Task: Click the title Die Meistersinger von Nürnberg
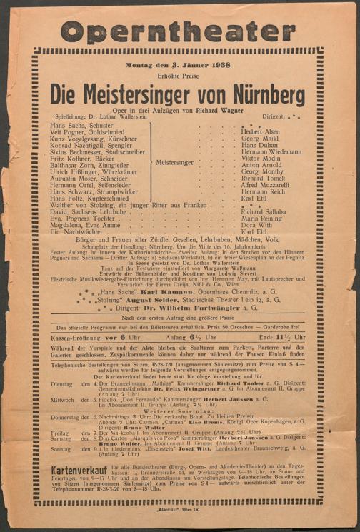(179, 95)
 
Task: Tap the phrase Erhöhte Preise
(180, 76)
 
